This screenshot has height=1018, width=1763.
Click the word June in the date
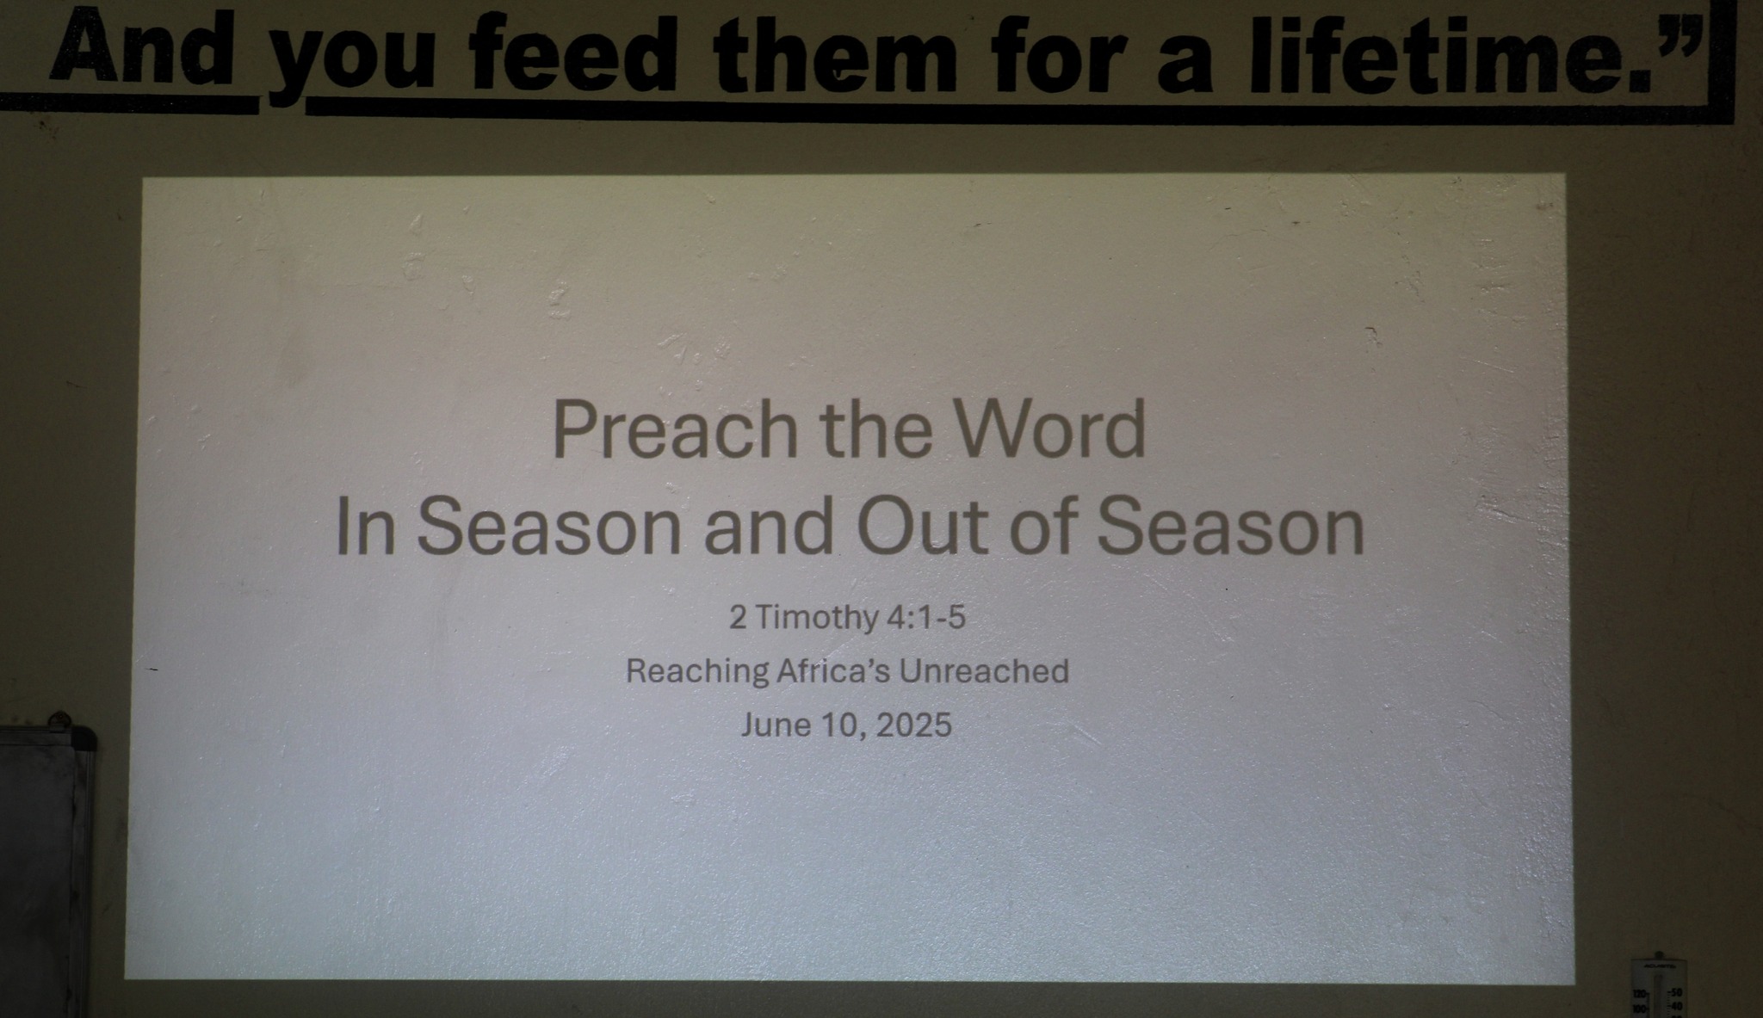click(775, 725)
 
